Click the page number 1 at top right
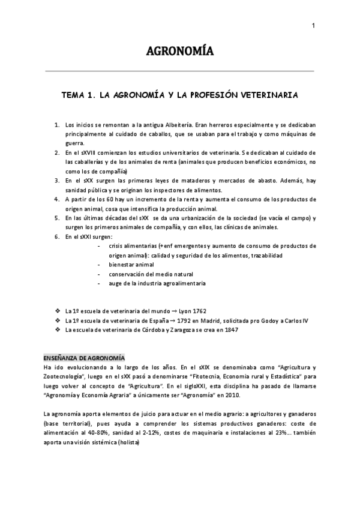[313, 25]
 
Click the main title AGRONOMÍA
[179, 50]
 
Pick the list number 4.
[56, 199]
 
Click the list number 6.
[56, 236]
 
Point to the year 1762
[196, 311]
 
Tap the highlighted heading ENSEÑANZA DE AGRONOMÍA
[84, 357]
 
